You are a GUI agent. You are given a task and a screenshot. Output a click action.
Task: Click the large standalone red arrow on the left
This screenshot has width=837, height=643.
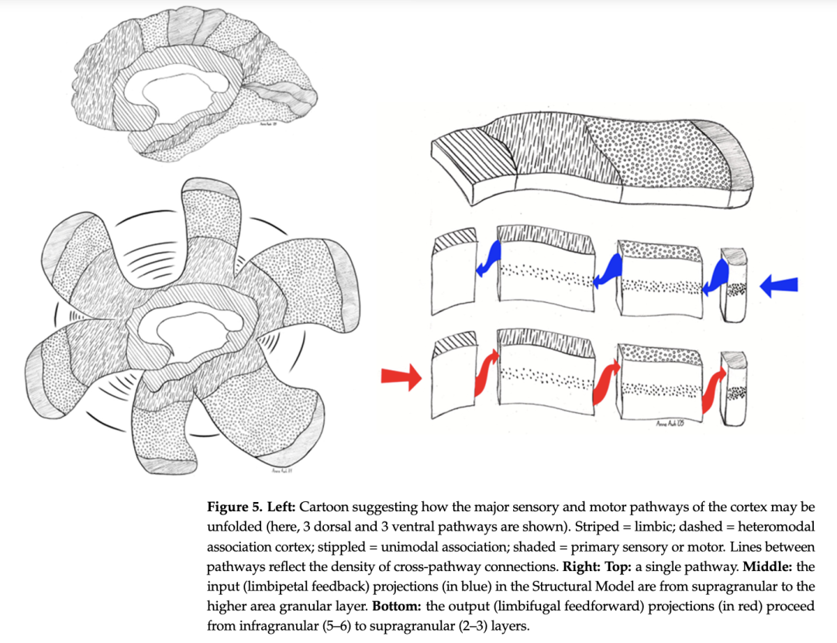(x=401, y=377)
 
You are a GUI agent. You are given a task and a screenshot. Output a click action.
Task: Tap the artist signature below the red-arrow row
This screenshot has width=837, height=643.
(x=664, y=422)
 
